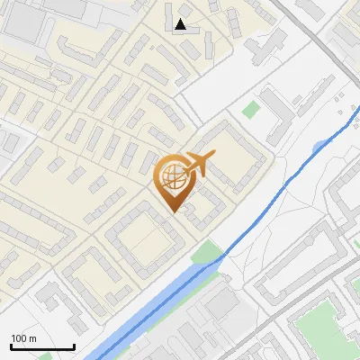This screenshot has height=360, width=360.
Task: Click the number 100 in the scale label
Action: click(x=19, y=338)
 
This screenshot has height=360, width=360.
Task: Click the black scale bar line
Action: click(x=42, y=347)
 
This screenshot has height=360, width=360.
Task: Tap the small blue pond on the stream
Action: click(x=320, y=147)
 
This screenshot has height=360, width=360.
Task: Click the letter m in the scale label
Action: click(x=32, y=338)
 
